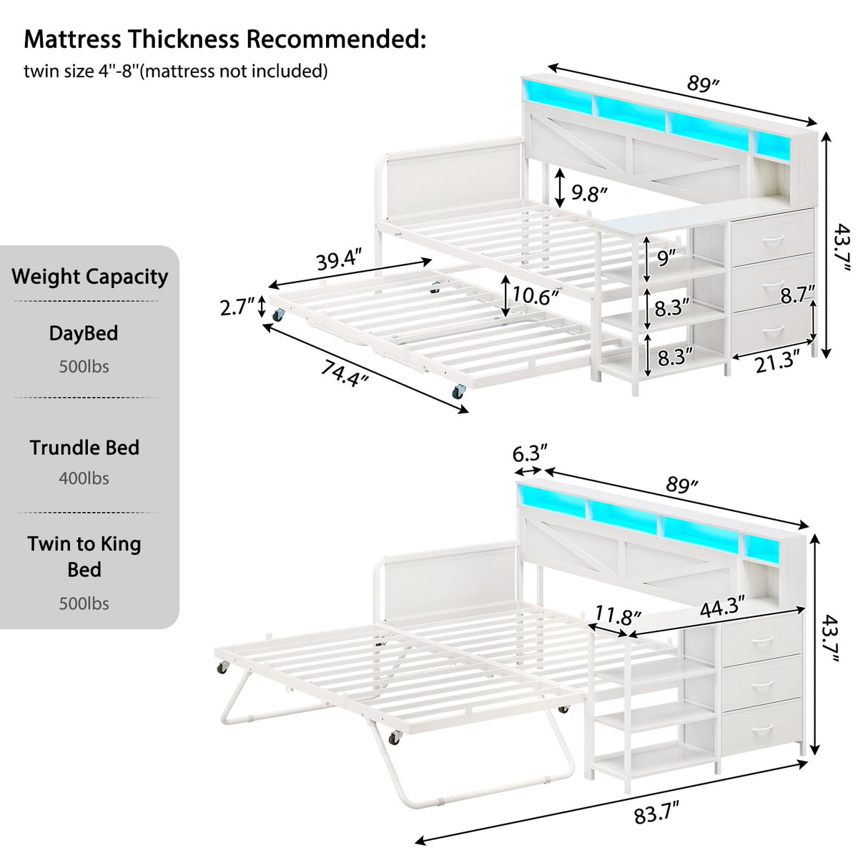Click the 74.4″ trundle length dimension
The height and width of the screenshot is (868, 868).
pos(344,373)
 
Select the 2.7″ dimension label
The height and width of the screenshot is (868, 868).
pos(237,307)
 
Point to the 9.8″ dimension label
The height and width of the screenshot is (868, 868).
pos(590,192)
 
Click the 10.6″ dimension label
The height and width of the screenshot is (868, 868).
pos(535,295)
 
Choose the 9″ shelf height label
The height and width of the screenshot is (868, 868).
pos(666,257)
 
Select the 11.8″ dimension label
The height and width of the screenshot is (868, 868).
pos(618,615)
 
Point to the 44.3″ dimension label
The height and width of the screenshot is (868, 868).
pos(722,606)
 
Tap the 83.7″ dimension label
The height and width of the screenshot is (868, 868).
pos(656,814)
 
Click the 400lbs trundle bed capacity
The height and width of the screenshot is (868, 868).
pos(84,478)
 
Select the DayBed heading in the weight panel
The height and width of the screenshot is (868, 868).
pos(84,333)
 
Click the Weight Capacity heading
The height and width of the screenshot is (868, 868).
pos(89,277)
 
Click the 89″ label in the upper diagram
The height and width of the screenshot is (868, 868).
pos(702,84)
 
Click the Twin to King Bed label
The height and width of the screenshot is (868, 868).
pos(84,556)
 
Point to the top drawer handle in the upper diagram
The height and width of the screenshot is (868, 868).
pos(770,241)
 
